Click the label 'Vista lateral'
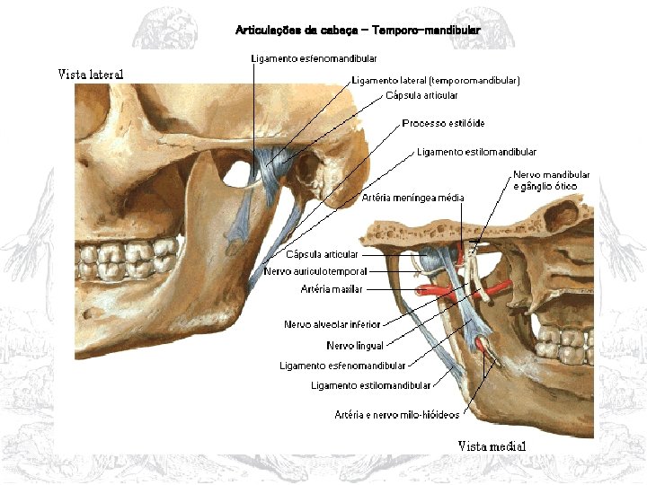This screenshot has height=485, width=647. (x=91, y=74)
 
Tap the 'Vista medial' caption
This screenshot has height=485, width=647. (x=492, y=446)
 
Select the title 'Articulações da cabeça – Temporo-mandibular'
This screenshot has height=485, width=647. (x=358, y=31)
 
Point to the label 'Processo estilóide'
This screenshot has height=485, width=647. (x=444, y=123)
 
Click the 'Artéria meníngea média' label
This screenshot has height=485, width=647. (x=413, y=198)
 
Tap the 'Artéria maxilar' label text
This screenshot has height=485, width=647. (x=332, y=289)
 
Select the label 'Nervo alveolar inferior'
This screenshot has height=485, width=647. (x=332, y=324)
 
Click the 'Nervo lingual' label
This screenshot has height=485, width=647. (x=354, y=345)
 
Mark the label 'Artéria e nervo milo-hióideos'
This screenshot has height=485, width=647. (x=396, y=415)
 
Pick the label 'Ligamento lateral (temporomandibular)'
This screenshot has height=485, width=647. (x=436, y=81)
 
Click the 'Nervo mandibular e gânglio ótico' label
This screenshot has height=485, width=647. (x=551, y=181)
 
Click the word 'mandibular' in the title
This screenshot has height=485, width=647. (x=448, y=31)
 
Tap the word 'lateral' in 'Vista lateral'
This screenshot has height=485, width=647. (x=106, y=74)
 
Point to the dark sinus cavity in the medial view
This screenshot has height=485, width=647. (x=563, y=216)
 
